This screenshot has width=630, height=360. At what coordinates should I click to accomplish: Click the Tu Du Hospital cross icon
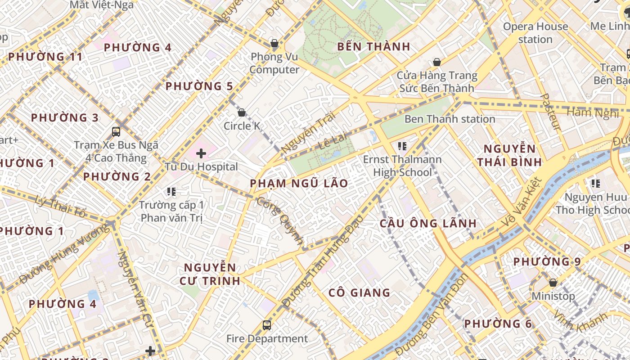(x=201, y=154)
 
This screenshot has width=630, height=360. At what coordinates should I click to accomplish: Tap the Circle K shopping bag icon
(x=242, y=112)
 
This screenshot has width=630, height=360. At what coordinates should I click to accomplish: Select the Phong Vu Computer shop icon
(x=274, y=44)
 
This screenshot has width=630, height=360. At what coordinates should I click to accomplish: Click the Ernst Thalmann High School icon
(x=402, y=146)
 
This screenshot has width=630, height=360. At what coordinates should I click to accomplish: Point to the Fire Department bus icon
(x=267, y=325)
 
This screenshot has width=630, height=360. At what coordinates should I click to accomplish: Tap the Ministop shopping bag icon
(x=553, y=283)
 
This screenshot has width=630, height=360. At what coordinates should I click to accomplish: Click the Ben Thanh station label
(x=450, y=119)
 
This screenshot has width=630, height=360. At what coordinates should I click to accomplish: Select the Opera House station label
(x=535, y=33)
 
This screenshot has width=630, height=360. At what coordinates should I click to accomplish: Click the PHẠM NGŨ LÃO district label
(x=299, y=183)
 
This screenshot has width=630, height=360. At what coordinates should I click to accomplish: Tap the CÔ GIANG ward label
(x=359, y=293)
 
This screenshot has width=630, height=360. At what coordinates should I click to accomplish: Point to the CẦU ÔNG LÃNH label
(x=428, y=223)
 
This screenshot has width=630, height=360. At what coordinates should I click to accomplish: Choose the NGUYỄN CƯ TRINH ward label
(x=210, y=274)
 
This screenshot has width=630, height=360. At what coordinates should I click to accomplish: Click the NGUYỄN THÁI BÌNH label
(x=509, y=155)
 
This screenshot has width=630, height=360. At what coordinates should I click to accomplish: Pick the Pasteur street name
(x=550, y=112)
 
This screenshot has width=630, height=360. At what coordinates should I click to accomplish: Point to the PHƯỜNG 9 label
(x=547, y=261)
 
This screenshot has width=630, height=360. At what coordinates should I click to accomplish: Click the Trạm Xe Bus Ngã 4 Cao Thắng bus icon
(x=116, y=132)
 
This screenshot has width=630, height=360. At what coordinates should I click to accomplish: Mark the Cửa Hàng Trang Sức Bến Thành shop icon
(x=436, y=62)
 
